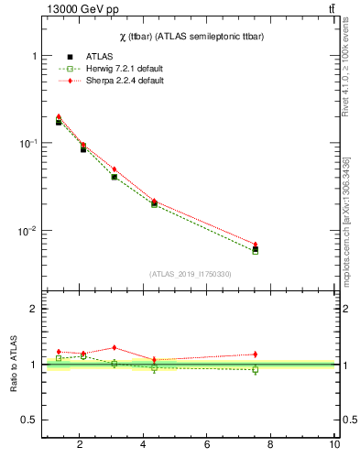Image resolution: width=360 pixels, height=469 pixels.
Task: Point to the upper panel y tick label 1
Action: pyautogui.click(x=34, y=56)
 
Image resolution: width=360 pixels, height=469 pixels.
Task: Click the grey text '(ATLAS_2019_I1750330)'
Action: pyautogui.click(x=190, y=274)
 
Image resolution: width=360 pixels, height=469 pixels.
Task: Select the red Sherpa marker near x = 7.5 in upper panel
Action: pyautogui.click(x=256, y=245)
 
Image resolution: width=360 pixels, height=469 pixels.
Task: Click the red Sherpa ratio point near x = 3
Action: pyautogui.click(x=114, y=348)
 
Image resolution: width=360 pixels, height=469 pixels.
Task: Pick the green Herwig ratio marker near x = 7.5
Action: pyautogui.click(x=256, y=370)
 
